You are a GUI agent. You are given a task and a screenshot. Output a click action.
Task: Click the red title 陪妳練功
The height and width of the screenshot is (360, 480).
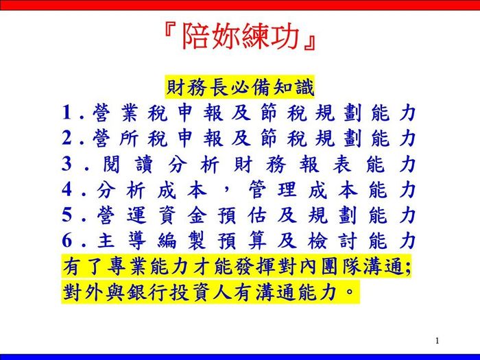coord(240,36)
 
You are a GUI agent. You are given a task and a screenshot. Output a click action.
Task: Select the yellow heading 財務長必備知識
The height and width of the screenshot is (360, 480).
coord(240,88)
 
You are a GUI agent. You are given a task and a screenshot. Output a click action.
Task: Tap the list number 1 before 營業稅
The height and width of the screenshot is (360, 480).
coord(67,112)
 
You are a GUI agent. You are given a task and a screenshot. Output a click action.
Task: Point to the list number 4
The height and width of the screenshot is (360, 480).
coord(67,189)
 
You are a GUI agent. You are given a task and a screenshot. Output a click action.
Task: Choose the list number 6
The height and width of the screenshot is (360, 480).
coord(67,241)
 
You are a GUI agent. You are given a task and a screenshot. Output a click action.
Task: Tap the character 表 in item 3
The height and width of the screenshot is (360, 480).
coord(343,165)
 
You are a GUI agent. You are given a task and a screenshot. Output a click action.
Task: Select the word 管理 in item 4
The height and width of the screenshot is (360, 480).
coord(272,190)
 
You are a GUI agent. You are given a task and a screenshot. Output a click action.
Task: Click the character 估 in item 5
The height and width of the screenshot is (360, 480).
coord(257,215)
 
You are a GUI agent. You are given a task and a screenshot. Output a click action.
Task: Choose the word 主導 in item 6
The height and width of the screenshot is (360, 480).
coord(122,241)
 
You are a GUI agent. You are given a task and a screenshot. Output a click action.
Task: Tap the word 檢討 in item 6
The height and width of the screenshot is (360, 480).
coord(333,241)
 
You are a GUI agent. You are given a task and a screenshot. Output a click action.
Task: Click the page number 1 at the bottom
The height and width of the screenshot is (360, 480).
coord(437,340)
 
